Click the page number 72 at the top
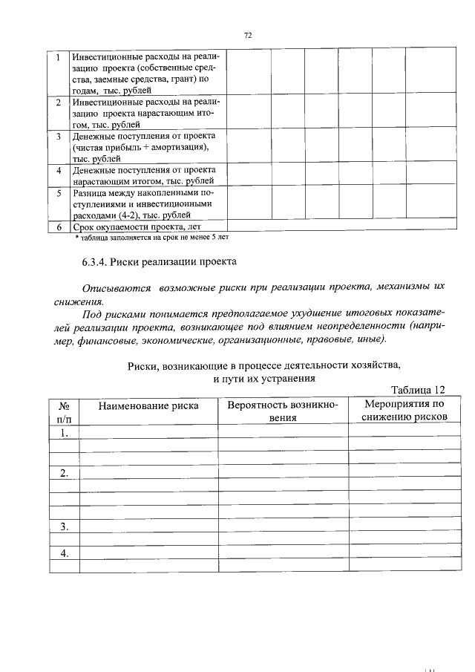tap(248, 35)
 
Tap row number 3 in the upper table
tap(58, 137)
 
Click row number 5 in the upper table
tap(58, 193)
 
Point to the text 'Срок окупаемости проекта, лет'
tap(137, 226)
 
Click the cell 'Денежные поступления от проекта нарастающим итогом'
tap(143, 175)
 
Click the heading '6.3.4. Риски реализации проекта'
tap(159, 262)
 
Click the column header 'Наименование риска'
tap(148, 405)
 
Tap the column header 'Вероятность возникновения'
tap(283, 411)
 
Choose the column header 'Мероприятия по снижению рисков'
tap(404, 411)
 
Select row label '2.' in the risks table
tap(65, 473)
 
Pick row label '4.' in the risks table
tap(65, 553)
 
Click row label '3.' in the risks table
tap(65, 526)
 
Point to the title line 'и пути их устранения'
tap(263, 377)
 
